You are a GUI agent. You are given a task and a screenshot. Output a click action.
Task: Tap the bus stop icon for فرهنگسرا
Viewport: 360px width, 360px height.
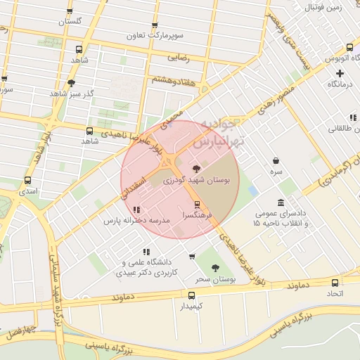[197, 205]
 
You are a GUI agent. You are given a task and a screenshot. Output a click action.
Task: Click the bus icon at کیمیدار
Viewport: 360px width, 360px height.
[191, 295]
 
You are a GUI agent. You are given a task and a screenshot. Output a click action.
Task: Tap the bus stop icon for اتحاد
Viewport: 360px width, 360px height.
[335, 283]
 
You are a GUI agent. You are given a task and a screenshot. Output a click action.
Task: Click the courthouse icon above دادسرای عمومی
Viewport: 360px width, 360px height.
[281, 202]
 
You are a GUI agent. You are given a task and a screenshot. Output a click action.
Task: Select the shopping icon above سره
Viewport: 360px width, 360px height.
[276, 160]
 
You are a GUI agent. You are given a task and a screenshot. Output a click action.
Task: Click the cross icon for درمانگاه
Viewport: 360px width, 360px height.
[340, 73]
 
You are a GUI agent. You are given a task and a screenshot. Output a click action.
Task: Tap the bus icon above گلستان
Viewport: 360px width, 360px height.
[69, 12]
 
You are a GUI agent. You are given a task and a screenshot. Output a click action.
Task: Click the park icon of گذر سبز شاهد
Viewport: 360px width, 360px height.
[71, 83]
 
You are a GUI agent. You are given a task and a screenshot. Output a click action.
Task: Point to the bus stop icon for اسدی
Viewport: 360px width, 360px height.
[27, 181]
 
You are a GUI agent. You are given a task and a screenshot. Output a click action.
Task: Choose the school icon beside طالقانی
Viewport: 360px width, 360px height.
[353, 117]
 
